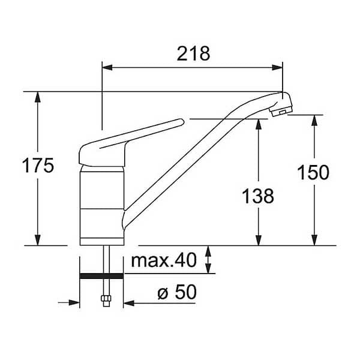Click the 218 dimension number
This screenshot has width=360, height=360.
click(193, 54)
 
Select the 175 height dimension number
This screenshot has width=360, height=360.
click(38, 166)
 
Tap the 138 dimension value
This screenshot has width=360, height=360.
click(258, 196)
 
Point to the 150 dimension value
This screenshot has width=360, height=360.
click(313, 172)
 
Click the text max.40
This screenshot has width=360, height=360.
click(164, 260)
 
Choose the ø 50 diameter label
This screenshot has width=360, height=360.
click(177, 292)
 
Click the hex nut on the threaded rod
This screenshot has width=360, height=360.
click(106, 298)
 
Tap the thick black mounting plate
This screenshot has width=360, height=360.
click(101, 276)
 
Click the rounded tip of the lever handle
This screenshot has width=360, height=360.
click(181, 122)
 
